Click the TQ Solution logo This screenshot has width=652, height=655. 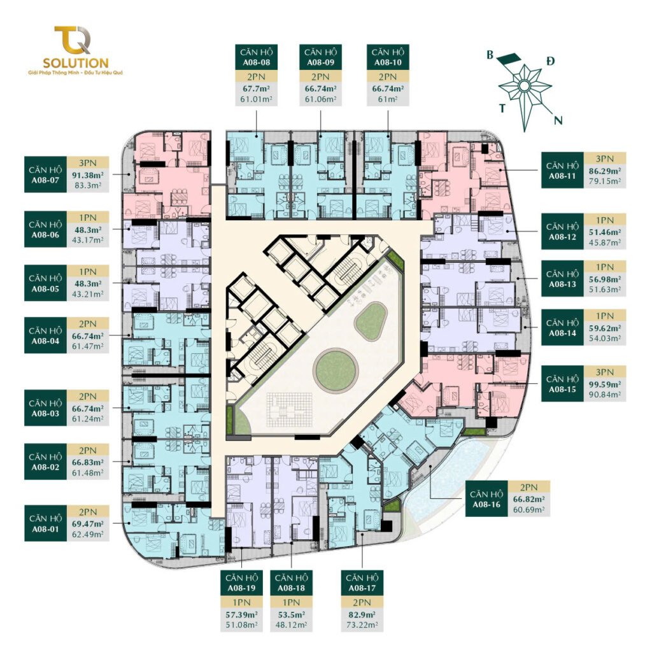tap(76, 50)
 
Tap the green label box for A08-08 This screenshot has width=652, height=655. tap(256, 57)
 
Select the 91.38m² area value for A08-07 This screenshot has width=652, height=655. tap(88, 174)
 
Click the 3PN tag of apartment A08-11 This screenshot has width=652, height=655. tap(605, 158)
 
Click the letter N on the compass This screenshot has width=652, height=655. tap(558, 121)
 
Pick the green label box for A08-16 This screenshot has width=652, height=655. tap(486, 499)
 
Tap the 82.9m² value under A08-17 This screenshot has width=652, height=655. tap(362, 614)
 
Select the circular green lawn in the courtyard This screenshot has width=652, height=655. tap(337, 370)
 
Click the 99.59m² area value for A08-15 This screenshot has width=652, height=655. tap(605, 384)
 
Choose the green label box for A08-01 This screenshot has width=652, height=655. tap(46, 523)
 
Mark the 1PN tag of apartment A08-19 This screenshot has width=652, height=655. tap(241, 602)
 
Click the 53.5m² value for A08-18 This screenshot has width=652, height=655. tap(292, 614)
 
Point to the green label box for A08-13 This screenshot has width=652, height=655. tap(562, 279)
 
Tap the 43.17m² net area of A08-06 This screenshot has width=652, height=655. tap(88, 240)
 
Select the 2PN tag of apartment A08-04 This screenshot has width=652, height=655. tap(88, 324)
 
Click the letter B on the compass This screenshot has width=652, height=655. tap(490, 55)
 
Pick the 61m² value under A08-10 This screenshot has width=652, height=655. tap(388, 99)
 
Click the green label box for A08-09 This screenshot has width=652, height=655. tap(320, 57)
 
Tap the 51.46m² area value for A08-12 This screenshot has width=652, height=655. tap(605, 232)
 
